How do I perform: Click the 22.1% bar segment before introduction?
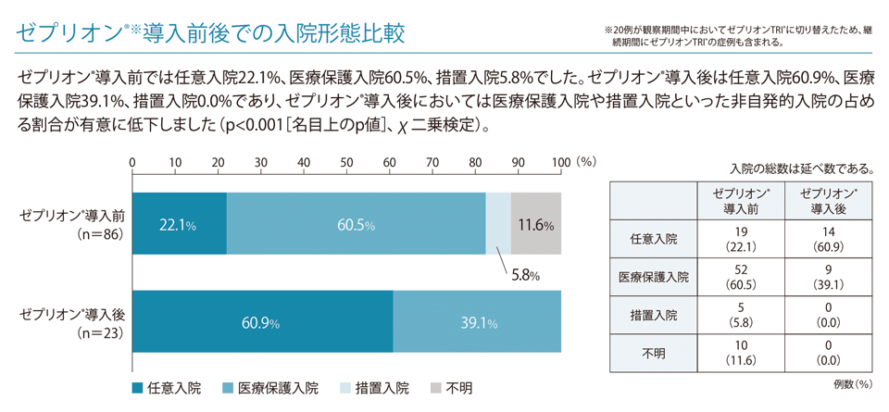pos(180,224)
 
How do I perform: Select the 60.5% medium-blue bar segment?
pos(356,224)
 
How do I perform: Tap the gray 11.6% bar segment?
pos(536,224)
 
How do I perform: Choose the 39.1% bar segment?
pos(476,322)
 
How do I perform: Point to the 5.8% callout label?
pos(522,275)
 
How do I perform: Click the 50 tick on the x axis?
pos(347,162)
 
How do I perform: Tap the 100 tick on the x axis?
pos(561,162)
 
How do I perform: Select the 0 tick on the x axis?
pos(133,162)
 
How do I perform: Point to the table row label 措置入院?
pos(654,316)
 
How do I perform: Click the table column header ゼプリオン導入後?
pos(828,199)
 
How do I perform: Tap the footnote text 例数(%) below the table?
pos(847,381)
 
